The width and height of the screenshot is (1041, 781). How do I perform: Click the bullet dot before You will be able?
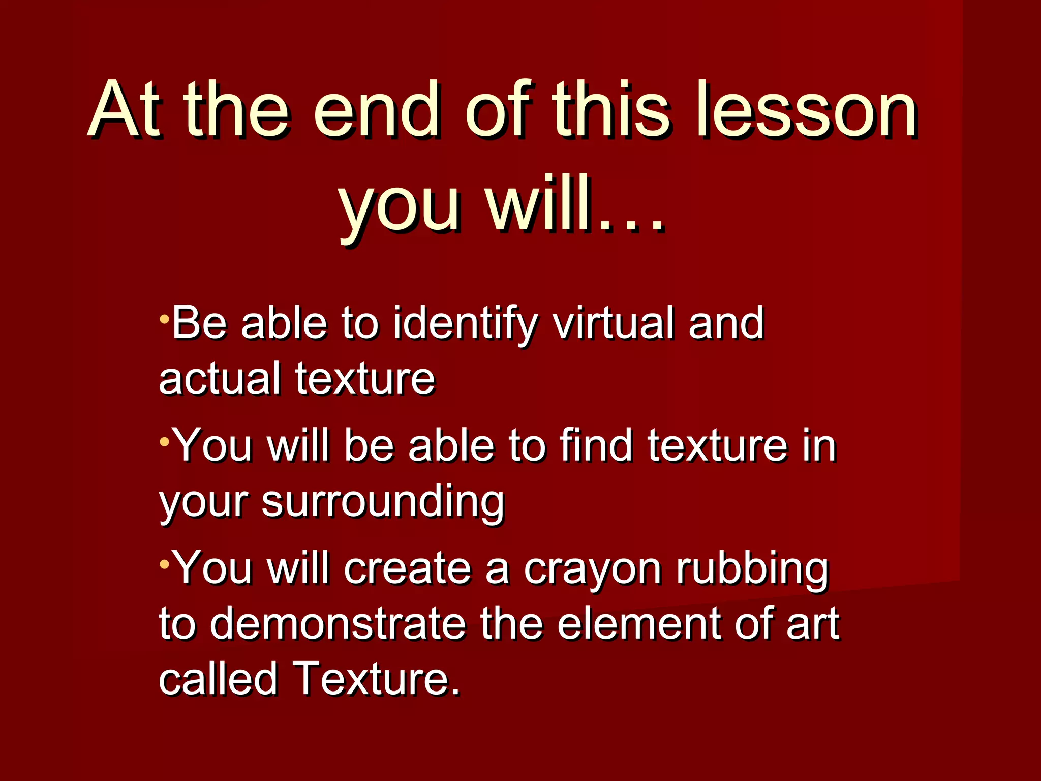point(164,442)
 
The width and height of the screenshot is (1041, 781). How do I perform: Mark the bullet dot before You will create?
point(164,564)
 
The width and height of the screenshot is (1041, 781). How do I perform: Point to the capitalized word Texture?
point(376,679)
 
